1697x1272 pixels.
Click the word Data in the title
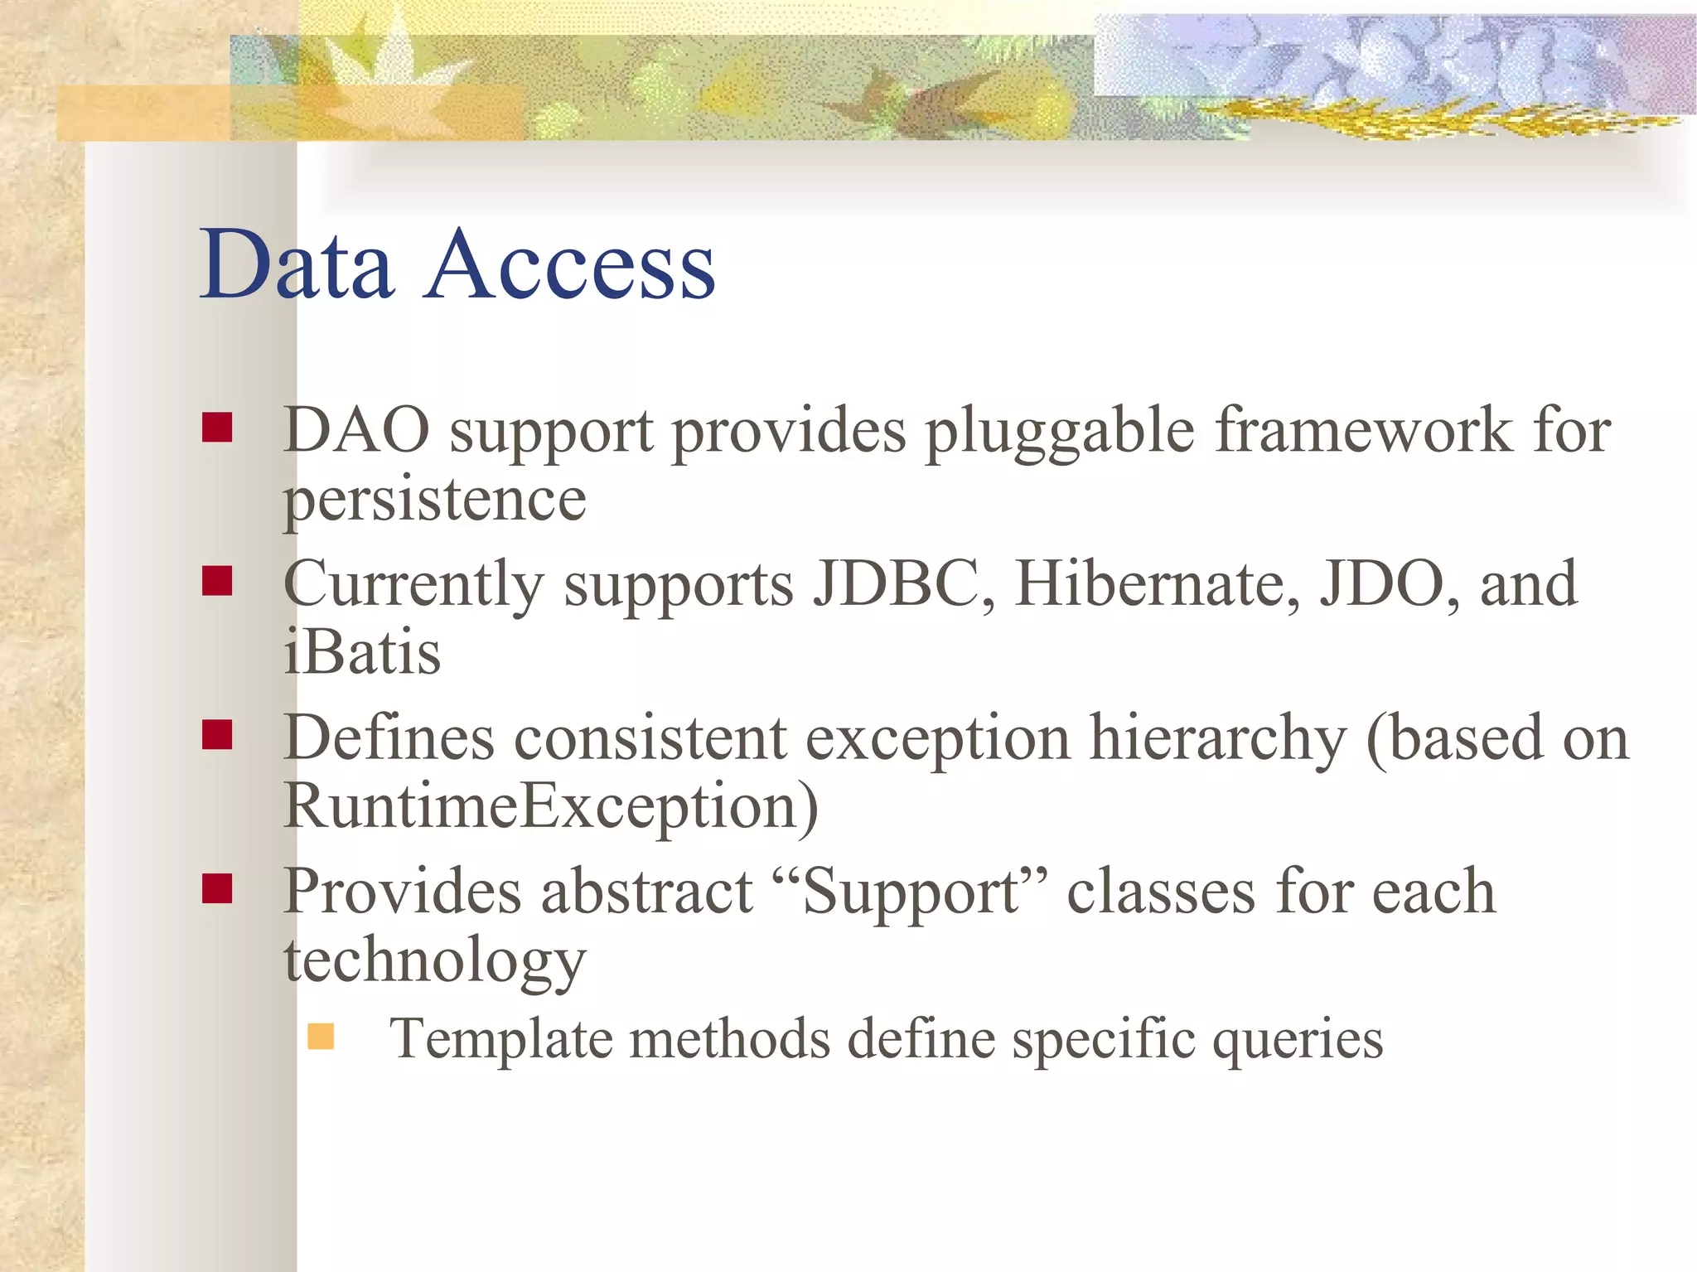(x=296, y=265)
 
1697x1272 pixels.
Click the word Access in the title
(x=569, y=265)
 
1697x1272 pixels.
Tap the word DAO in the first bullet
(x=356, y=430)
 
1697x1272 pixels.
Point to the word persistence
(x=434, y=501)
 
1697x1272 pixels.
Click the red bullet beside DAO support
(x=217, y=428)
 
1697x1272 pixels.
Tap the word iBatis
(x=362, y=652)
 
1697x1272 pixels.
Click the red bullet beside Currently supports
(x=217, y=581)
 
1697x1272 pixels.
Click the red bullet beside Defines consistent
(x=217, y=734)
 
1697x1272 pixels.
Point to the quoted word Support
(x=911, y=893)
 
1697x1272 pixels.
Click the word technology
(x=434, y=961)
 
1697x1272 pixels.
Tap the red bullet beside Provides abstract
(x=217, y=888)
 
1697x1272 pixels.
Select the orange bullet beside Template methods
(x=321, y=1037)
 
